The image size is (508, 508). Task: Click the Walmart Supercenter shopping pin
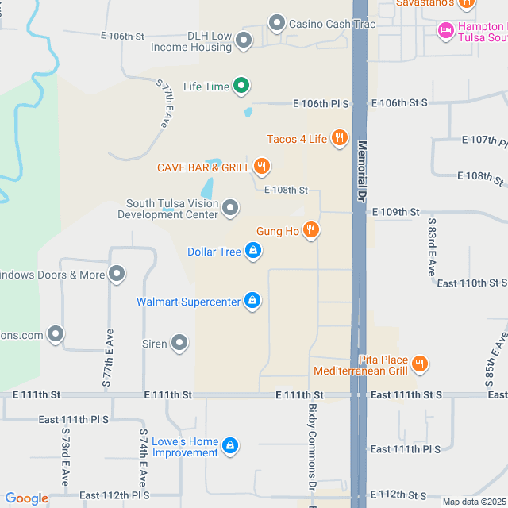tap(252, 300)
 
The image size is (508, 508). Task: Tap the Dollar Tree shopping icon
tap(252, 252)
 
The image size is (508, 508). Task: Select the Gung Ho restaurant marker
tap(311, 230)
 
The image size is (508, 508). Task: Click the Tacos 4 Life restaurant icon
tap(339, 138)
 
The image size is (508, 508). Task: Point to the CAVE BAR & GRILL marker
tap(262, 167)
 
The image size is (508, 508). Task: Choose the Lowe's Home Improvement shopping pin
tap(230, 446)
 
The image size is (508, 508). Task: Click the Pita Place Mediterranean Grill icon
tap(420, 364)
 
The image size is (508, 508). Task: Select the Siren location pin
tap(180, 344)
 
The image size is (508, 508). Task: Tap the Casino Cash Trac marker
tap(277, 23)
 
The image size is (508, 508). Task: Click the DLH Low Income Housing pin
tap(244, 40)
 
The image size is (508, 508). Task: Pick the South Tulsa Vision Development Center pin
tap(230, 208)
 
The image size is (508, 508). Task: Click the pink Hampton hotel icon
tap(445, 30)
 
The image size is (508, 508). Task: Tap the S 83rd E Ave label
tap(432, 247)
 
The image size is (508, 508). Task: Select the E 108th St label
tap(286, 190)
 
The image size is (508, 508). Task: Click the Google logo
tap(26, 498)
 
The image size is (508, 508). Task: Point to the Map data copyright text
tap(474, 502)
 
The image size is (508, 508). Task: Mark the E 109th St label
tap(399, 212)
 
